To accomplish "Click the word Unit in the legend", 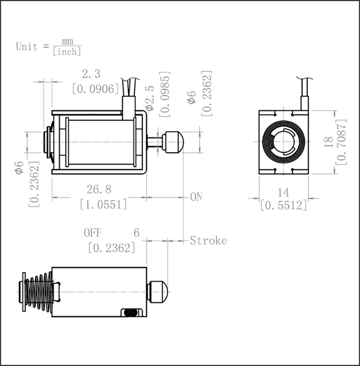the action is (x=27, y=47).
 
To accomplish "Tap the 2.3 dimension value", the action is (x=91, y=74).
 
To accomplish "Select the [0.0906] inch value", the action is (x=96, y=89).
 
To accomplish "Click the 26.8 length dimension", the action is (x=99, y=189).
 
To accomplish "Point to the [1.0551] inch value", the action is (x=103, y=204).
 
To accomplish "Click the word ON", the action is (x=196, y=197).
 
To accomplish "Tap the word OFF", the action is (x=93, y=233).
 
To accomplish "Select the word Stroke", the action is (x=208, y=240).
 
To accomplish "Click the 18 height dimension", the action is (x=329, y=142).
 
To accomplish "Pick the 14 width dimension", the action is (x=283, y=193).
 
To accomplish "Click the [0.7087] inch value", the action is (x=341, y=142).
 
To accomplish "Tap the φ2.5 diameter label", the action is (x=150, y=98).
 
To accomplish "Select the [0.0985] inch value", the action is (x=165, y=94).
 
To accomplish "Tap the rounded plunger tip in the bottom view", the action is (x=159, y=292).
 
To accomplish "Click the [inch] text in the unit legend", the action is (x=67, y=52).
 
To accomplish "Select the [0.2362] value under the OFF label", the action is (x=112, y=248).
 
